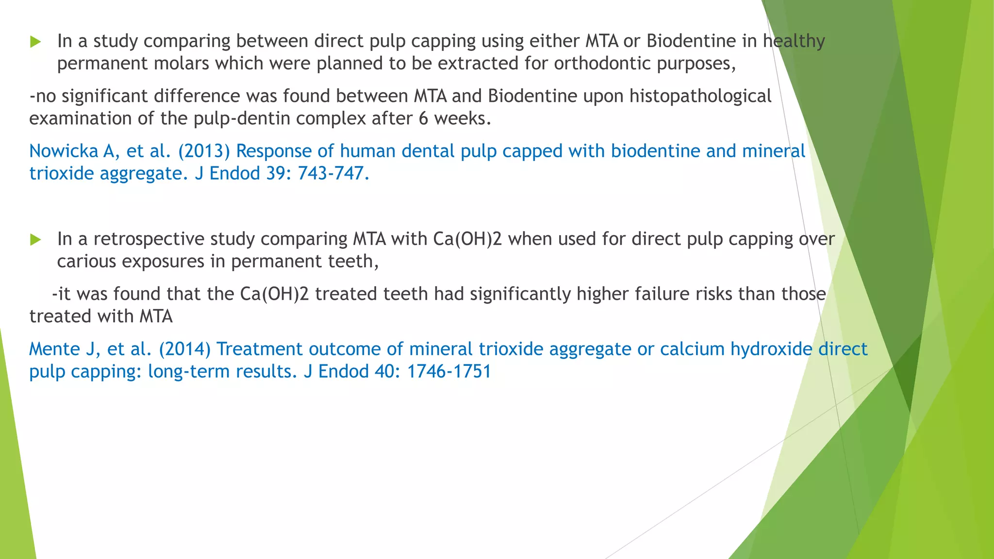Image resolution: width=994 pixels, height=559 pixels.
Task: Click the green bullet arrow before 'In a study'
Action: [35, 42]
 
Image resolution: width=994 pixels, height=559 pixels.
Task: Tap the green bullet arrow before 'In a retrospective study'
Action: [35, 239]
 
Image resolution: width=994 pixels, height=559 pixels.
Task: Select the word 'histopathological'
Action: [700, 96]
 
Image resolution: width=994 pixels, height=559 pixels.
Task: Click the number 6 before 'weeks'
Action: [423, 118]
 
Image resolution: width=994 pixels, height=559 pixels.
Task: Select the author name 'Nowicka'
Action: [63, 151]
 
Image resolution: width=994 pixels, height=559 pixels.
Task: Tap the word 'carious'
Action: [86, 262]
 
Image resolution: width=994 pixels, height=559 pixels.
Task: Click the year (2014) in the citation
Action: [185, 349]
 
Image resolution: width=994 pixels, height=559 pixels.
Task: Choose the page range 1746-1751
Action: [448, 372]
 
